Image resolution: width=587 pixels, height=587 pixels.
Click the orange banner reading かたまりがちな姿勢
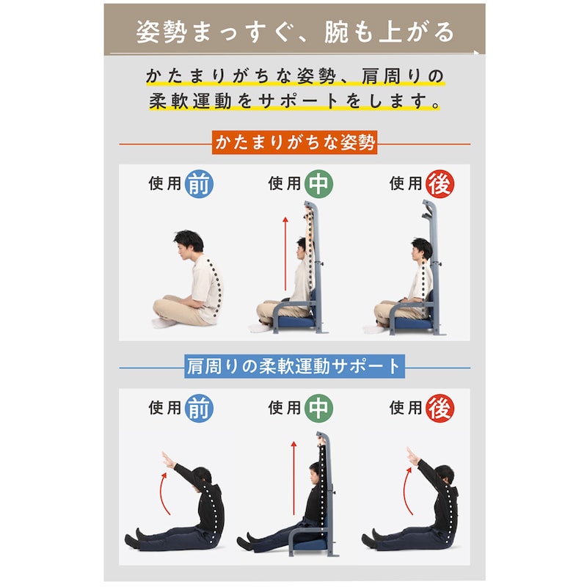tap(294, 142)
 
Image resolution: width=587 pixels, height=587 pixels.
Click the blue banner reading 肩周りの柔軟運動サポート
tap(294, 366)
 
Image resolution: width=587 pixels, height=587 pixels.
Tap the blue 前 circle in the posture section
tap(199, 184)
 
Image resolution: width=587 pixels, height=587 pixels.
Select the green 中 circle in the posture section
tap(318, 184)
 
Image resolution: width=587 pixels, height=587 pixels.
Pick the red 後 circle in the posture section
tap(440, 184)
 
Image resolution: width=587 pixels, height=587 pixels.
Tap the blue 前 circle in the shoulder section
tap(199, 408)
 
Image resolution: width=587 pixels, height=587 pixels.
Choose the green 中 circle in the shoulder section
tap(318, 408)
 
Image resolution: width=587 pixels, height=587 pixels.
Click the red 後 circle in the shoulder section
tap(440, 408)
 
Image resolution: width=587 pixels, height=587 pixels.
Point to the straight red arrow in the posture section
tap(285, 253)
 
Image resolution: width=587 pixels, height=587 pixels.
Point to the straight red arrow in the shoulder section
tap(293, 478)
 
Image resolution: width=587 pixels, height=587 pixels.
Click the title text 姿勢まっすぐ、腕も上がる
tap(295, 32)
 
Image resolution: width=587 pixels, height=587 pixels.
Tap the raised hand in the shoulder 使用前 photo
tap(167, 459)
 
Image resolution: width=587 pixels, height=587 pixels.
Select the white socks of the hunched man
tap(163, 322)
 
